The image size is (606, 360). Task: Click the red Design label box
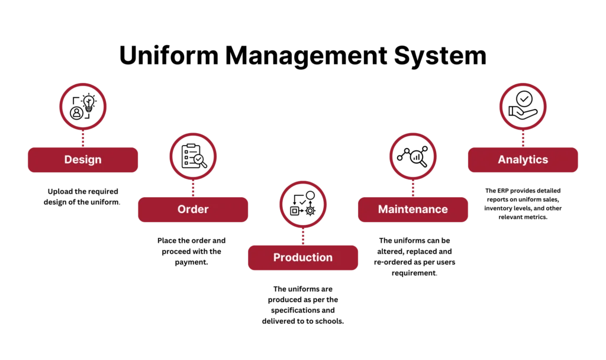(83, 160)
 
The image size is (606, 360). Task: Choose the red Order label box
(193, 209)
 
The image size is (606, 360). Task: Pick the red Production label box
(303, 258)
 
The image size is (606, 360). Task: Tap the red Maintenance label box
(413, 209)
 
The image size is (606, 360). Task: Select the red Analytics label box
(523, 160)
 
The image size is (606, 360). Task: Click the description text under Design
(83, 197)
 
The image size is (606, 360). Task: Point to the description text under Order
(193, 251)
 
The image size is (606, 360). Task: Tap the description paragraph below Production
(303, 305)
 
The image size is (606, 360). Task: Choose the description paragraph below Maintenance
(413, 256)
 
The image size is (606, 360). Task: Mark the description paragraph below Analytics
(523, 204)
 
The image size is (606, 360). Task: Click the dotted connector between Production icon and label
(303, 237)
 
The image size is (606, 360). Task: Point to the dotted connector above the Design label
(83, 139)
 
